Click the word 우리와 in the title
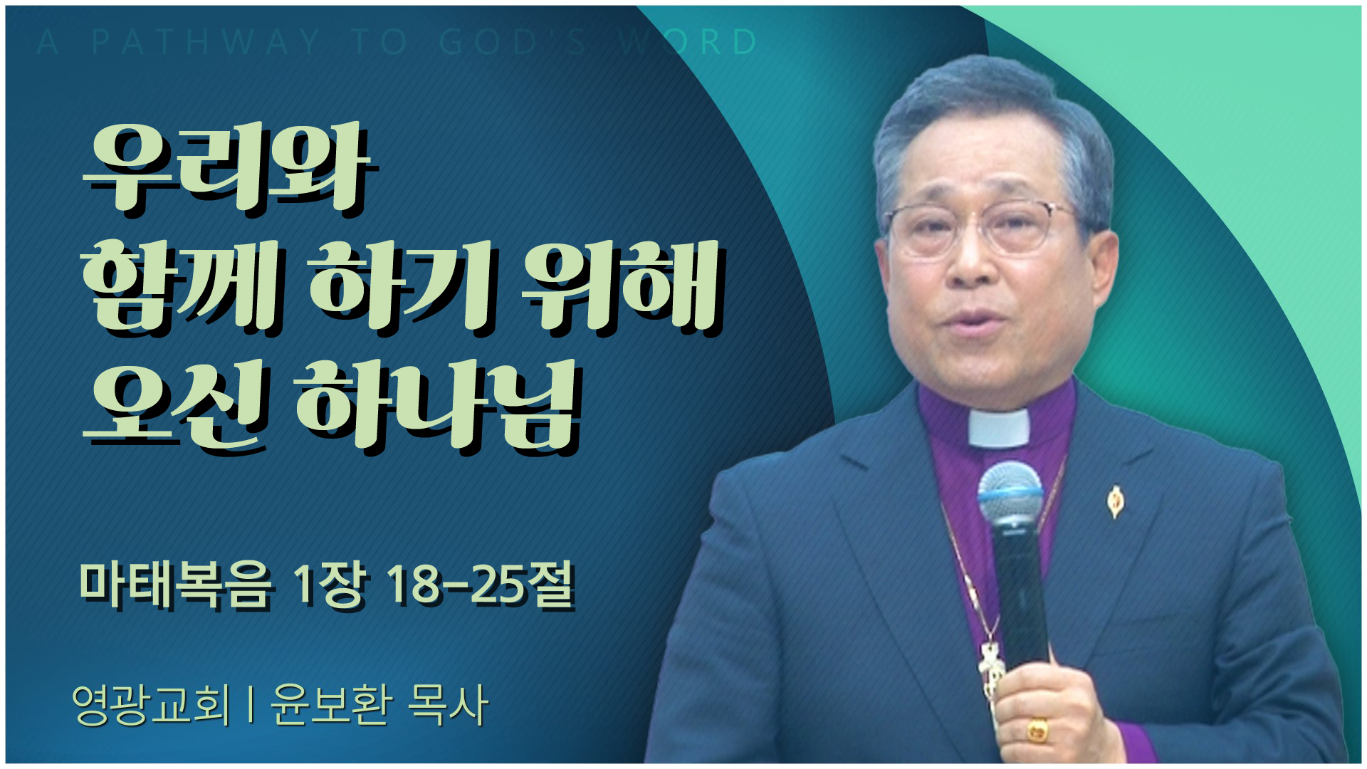pos(229,169)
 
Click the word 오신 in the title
pos(175,406)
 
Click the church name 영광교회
pos(152,705)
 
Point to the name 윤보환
pos(332,705)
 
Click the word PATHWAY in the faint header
pos(206,42)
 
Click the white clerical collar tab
pos(998,427)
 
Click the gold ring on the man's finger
pos(1038,729)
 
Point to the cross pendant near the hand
pos(990,669)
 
